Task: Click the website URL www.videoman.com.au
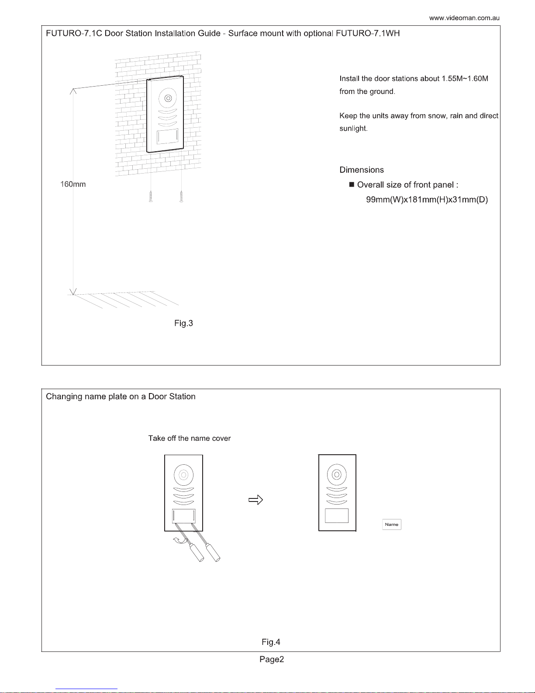click(464, 18)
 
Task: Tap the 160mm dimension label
click(73, 185)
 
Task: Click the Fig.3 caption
click(183, 324)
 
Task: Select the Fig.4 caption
click(271, 642)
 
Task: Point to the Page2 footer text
click(272, 660)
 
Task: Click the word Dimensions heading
click(362, 170)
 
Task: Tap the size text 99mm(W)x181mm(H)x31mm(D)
click(427, 200)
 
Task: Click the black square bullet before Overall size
click(352, 185)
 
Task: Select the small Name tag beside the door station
click(391, 524)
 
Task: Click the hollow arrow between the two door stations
click(255, 500)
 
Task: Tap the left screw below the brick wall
click(151, 196)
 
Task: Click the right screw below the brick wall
click(181, 196)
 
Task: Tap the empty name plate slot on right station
click(337, 516)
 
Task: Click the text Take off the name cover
click(189, 439)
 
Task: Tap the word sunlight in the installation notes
click(353, 129)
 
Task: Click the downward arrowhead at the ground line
click(73, 291)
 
